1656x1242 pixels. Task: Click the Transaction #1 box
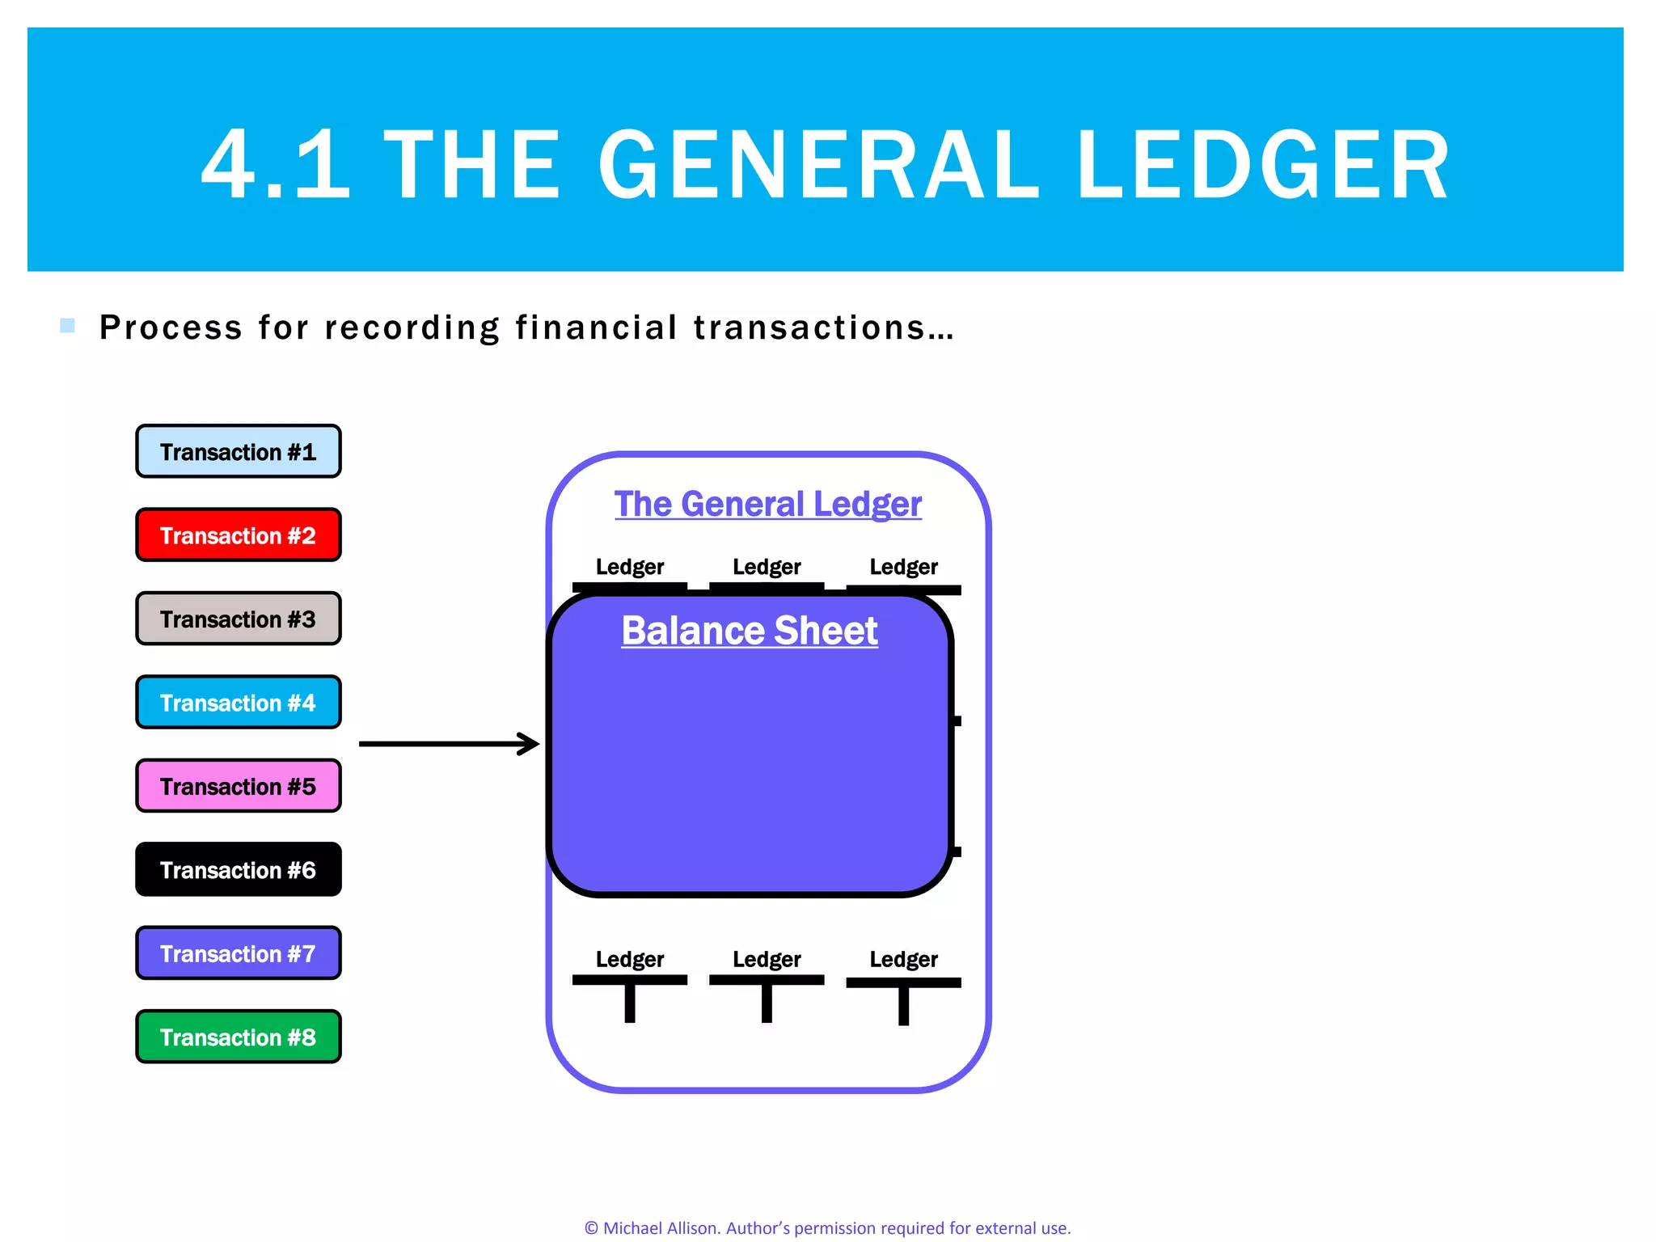coord(238,451)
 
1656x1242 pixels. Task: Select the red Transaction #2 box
coord(238,535)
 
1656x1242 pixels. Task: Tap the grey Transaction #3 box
coord(238,619)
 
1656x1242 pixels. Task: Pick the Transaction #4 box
coord(238,703)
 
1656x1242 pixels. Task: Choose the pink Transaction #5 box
coord(238,786)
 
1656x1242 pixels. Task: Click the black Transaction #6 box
coord(238,870)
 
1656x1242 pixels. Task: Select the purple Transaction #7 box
coord(238,953)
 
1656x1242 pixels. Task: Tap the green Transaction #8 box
coord(238,1037)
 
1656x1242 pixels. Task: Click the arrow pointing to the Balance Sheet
coord(449,744)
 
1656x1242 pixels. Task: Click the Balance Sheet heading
coord(749,631)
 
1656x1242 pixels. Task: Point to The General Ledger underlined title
coord(767,504)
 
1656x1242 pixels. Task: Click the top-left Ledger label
coord(629,567)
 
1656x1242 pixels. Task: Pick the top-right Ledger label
coord(903,567)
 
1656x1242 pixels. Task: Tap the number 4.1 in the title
coord(276,166)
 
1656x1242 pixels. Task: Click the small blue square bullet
coord(68,326)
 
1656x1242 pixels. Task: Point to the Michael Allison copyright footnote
coord(827,1227)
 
